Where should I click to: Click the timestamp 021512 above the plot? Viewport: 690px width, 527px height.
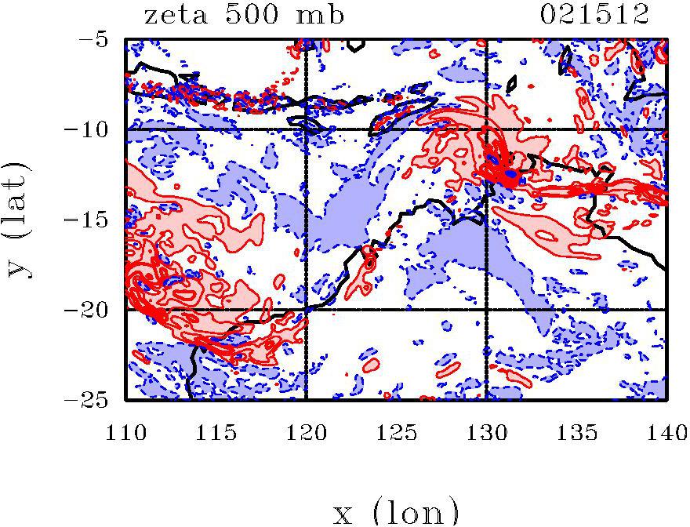tap(596, 15)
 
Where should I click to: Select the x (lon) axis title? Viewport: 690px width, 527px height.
tap(396, 512)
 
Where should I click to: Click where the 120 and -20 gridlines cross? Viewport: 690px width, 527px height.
tap(307, 310)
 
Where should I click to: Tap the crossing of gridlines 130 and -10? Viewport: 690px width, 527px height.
tap(487, 129)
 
